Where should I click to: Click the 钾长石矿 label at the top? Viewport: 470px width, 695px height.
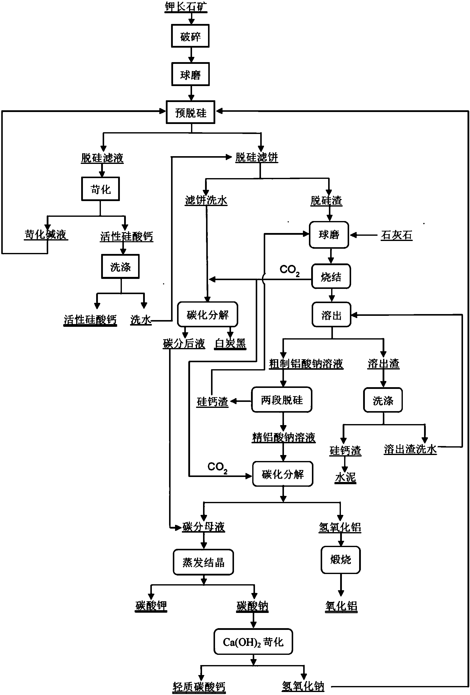pyautogui.click(x=186, y=6)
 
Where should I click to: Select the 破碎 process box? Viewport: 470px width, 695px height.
pyautogui.click(x=190, y=36)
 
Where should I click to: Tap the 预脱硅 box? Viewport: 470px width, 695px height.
pyautogui.click(x=191, y=113)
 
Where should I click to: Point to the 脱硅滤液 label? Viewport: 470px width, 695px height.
pyautogui.click(x=102, y=158)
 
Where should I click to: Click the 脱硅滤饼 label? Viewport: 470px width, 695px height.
pyautogui.click(x=256, y=157)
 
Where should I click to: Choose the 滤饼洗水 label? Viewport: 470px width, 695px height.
pyautogui.click(x=206, y=200)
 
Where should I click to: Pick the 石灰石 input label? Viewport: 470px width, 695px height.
pyautogui.click(x=396, y=235)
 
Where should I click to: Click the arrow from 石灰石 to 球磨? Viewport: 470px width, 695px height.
pyautogui.click(x=364, y=235)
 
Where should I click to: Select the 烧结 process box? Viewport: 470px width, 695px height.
pyautogui.click(x=331, y=277)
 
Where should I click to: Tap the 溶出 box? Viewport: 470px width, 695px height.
pyautogui.click(x=331, y=315)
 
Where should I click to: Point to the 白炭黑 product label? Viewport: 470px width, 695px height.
pyautogui.click(x=230, y=343)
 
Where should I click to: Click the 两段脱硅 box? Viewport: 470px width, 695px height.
pyautogui.click(x=282, y=400)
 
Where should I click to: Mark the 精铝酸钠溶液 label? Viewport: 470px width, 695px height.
pyautogui.click(x=283, y=438)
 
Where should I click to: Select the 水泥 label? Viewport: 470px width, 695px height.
pyautogui.click(x=345, y=477)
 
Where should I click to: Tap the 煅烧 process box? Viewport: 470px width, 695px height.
pyautogui.click(x=340, y=560)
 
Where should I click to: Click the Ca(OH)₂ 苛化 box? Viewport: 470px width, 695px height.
pyautogui.click(x=253, y=641)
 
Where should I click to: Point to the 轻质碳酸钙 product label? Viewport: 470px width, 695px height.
pyautogui.click(x=199, y=686)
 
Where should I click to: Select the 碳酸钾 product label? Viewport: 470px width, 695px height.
pyautogui.click(x=151, y=606)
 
